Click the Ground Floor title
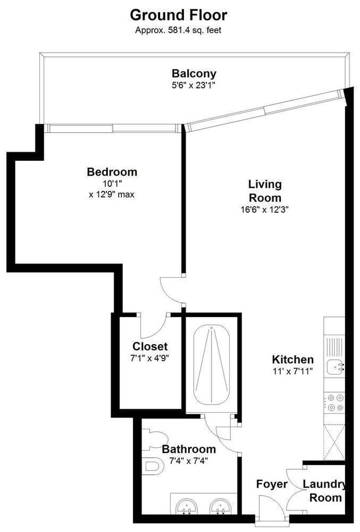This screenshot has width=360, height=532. (x=178, y=14)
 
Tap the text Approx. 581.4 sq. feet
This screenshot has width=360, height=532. (x=178, y=30)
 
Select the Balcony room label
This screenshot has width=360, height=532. (x=194, y=73)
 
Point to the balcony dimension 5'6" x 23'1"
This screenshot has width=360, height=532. (x=194, y=85)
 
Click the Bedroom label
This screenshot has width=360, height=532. (x=112, y=172)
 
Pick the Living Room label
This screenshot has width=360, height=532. (x=265, y=191)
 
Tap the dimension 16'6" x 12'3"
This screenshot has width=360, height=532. (x=265, y=210)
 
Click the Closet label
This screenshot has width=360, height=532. (x=150, y=347)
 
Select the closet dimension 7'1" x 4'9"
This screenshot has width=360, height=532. (x=150, y=358)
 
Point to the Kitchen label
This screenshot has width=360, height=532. (x=292, y=359)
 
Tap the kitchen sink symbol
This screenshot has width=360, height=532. (x=335, y=366)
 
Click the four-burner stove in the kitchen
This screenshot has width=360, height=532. (x=334, y=403)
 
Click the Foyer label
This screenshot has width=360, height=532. (x=272, y=484)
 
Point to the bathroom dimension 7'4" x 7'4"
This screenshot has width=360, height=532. (x=188, y=460)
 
